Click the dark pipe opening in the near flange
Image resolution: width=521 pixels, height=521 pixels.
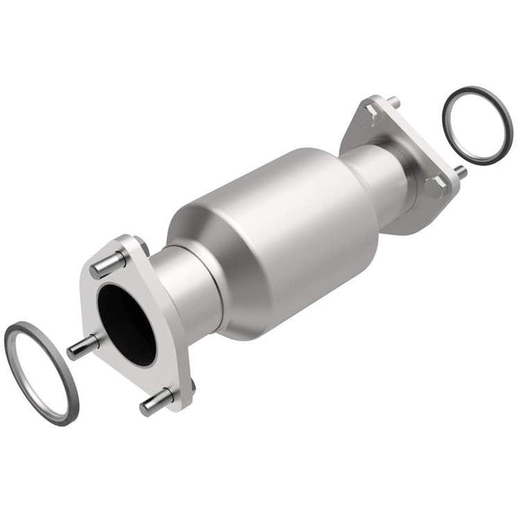126,323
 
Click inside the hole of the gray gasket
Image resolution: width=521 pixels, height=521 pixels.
41,368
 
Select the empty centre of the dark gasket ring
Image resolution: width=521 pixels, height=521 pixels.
477,126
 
